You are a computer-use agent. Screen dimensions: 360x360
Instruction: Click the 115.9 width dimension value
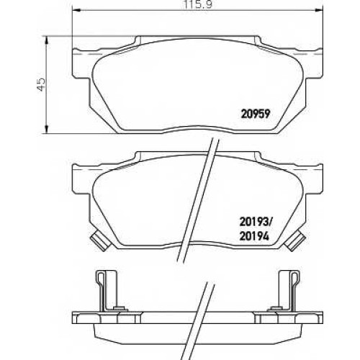click(x=197, y=4)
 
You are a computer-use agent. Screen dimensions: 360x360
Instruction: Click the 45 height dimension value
click(x=41, y=84)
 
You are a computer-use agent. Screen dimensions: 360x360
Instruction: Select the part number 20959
click(x=256, y=114)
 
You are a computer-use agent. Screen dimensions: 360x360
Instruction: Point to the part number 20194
click(x=254, y=236)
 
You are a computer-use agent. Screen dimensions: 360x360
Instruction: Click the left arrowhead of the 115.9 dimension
click(x=76, y=10)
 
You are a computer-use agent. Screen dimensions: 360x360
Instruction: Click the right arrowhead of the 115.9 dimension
click(x=319, y=10)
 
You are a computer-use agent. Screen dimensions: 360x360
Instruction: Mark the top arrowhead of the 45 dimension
click(x=47, y=41)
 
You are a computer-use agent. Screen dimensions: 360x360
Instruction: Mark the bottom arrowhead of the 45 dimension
click(x=47, y=129)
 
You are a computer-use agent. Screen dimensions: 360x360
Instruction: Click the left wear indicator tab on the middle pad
click(x=99, y=240)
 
